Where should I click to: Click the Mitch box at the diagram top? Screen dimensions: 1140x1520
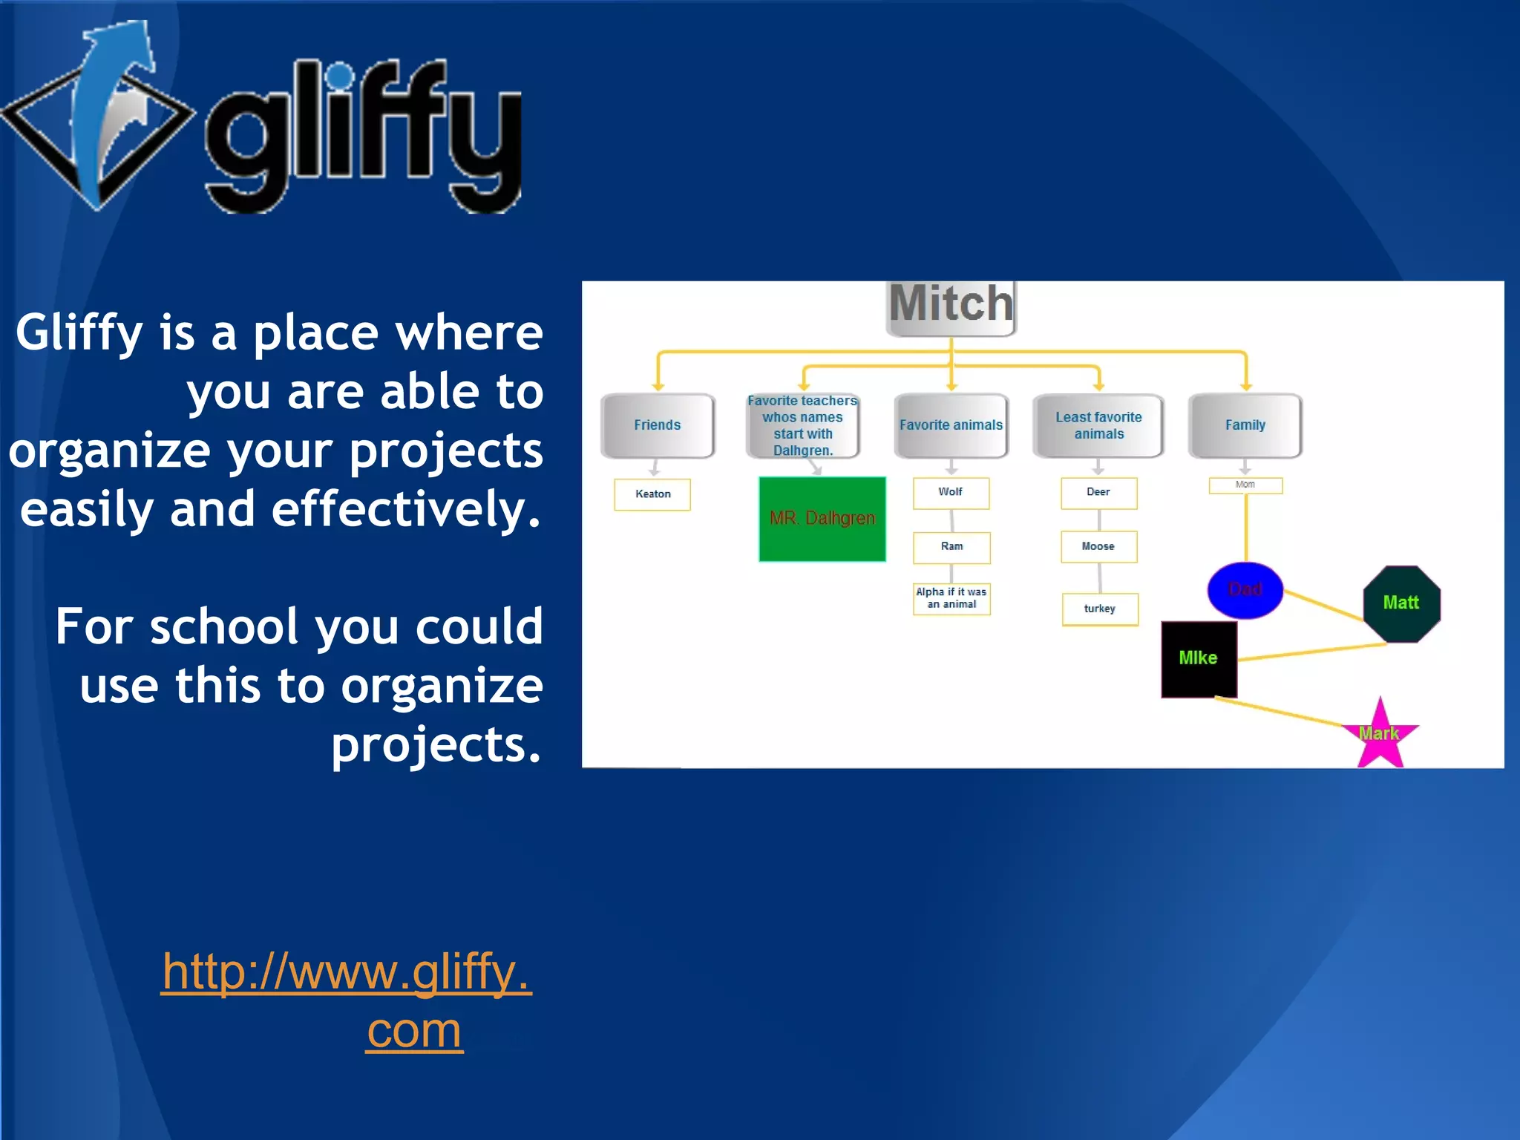pyautogui.click(x=951, y=306)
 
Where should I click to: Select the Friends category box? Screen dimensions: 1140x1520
pyautogui.click(x=658, y=425)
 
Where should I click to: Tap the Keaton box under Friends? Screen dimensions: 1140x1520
pyautogui.click(x=652, y=494)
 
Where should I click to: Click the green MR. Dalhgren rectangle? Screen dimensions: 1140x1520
pyautogui.click(x=822, y=519)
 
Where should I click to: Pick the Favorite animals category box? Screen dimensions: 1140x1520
pyautogui.click(x=951, y=425)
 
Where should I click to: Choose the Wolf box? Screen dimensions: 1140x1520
pyautogui.click(x=951, y=493)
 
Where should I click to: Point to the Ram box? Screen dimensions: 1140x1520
pyautogui.click(x=951, y=547)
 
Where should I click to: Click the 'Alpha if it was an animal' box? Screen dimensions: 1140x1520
pyautogui.click(x=951, y=598)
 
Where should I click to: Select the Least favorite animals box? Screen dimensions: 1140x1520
pyautogui.click(x=1098, y=425)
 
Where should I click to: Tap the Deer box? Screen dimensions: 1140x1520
pyautogui.click(x=1098, y=493)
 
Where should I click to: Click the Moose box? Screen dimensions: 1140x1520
pyautogui.click(x=1098, y=547)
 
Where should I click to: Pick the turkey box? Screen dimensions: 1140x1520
pyautogui.click(x=1100, y=609)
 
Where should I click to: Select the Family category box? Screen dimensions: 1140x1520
pyautogui.click(x=1245, y=425)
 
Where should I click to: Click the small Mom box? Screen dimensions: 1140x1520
pyautogui.click(x=1245, y=485)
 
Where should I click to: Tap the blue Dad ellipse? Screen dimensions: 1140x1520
pyautogui.click(x=1245, y=590)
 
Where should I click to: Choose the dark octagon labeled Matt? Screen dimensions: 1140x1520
pyautogui.click(x=1401, y=603)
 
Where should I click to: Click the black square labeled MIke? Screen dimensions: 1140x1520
pyautogui.click(x=1199, y=659)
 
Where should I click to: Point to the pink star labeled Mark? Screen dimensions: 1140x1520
pyautogui.click(x=1380, y=737)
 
